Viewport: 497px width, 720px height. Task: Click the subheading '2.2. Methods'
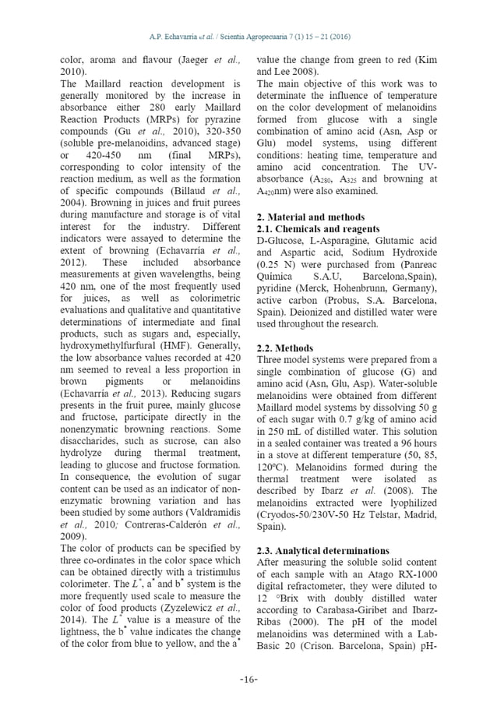(x=285, y=348)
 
